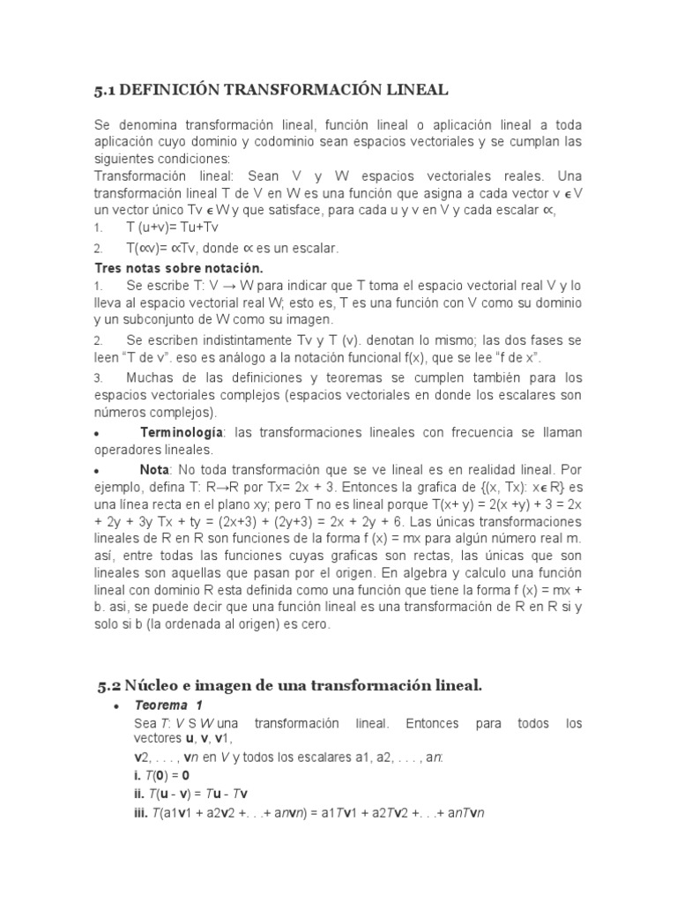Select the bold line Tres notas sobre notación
179,267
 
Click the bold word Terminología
182,432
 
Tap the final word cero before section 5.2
314,624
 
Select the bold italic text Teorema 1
167,705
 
